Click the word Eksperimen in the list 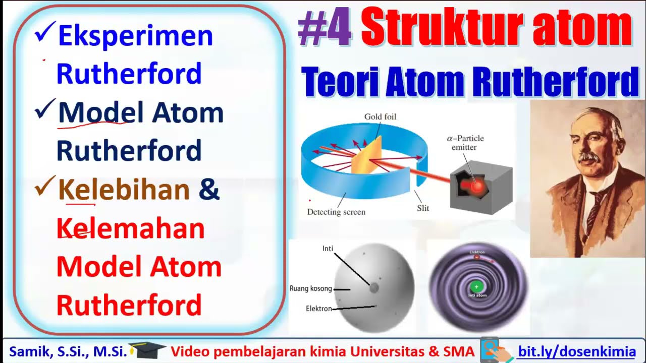(x=135, y=36)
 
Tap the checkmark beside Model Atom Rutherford (x=45, y=109)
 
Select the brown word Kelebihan (x=124, y=190)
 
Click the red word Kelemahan (x=130, y=229)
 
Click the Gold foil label (x=380, y=116)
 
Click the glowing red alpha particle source (x=477, y=187)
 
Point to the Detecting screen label (x=336, y=212)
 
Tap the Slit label (x=423, y=208)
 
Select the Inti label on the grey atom (x=328, y=249)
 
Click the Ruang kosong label (x=310, y=289)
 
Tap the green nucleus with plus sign (x=476, y=286)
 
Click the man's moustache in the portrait (x=588, y=157)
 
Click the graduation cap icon (x=147, y=349)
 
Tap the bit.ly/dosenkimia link (x=576, y=351)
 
